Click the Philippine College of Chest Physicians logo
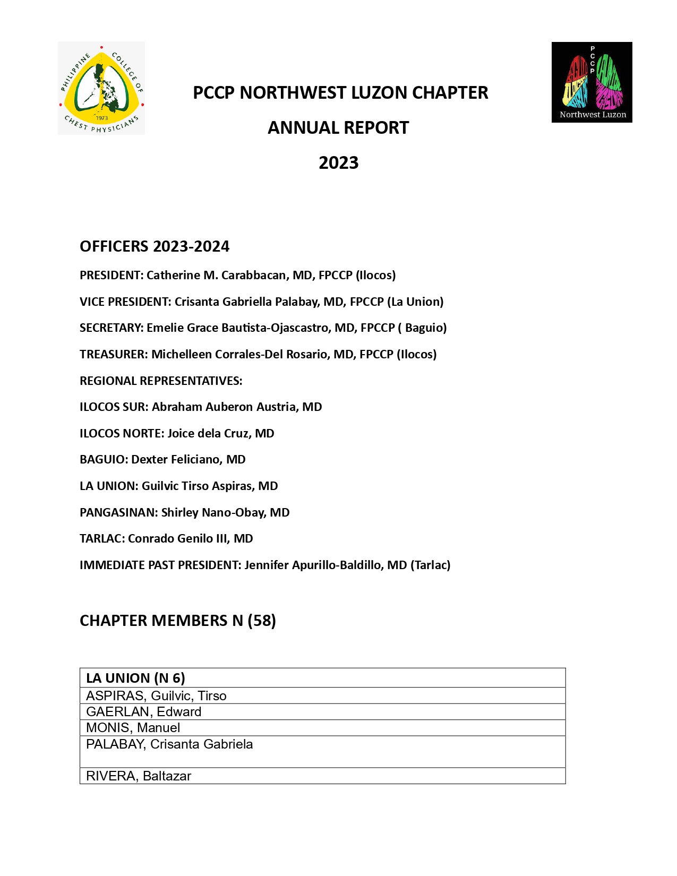[x=101, y=88]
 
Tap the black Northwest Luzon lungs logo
[x=592, y=82]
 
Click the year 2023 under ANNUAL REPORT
[x=338, y=162]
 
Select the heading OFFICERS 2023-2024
[x=155, y=246]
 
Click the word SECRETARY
[x=110, y=328]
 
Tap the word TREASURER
[x=113, y=354]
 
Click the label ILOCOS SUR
[x=113, y=407]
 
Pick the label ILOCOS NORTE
[x=121, y=433]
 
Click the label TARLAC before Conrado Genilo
[x=101, y=538]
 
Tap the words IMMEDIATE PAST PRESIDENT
[x=160, y=565]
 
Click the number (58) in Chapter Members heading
[x=261, y=621]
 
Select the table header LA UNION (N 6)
[x=135, y=678]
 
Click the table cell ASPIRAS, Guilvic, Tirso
[x=156, y=696]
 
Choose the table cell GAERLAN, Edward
[x=143, y=712]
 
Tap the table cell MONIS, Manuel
[x=133, y=728]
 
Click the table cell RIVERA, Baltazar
[x=139, y=776]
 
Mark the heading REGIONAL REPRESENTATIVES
[x=160, y=381]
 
